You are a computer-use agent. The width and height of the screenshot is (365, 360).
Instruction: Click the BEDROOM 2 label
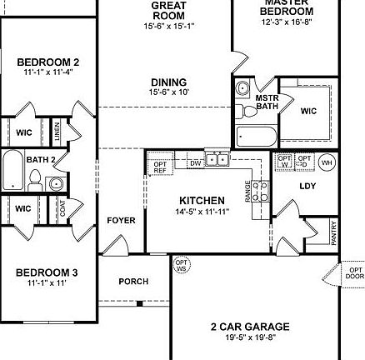click(48, 62)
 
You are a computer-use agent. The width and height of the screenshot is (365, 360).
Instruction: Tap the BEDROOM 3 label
click(47, 272)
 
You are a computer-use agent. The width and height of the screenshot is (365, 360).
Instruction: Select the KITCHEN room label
click(202, 201)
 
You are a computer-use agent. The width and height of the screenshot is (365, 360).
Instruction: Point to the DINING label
click(168, 82)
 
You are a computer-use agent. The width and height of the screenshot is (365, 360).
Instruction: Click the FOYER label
click(121, 221)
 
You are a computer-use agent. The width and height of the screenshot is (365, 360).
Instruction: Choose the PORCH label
click(133, 282)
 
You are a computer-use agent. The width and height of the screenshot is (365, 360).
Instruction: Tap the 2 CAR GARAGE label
click(250, 327)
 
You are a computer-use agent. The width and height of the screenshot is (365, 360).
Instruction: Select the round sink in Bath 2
click(56, 183)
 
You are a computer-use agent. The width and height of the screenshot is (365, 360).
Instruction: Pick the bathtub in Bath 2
click(12, 171)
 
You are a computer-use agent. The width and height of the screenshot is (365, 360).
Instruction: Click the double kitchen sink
click(217, 158)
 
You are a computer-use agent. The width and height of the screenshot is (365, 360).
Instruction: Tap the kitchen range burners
click(259, 191)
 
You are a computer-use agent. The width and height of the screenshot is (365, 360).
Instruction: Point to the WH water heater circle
click(326, 164)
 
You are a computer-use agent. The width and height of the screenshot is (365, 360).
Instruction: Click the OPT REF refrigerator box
click(161, 166)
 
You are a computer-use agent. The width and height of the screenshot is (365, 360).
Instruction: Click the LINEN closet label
click(57, 130)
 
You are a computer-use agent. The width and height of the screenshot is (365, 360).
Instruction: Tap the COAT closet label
click(63, 208)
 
